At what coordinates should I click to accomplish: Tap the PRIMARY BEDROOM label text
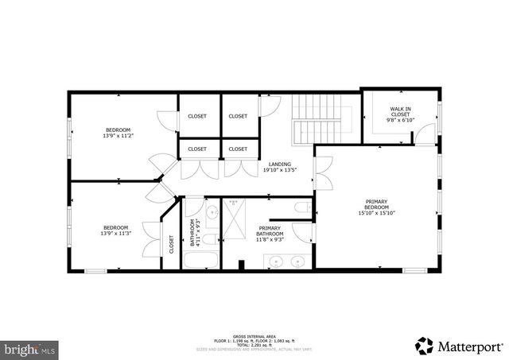click(x=376, y=203)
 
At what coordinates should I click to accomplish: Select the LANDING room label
click(x=279, y=164)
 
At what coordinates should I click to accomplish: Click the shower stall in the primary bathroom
click(x=235, y=218)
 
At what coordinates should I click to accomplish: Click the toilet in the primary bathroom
click(x=301, y=209)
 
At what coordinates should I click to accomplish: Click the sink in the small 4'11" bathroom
click(x=212, y=212)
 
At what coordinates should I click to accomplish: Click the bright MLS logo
click(x=29, y=348)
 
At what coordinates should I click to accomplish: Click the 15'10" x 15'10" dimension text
click(x=376, y=212)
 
